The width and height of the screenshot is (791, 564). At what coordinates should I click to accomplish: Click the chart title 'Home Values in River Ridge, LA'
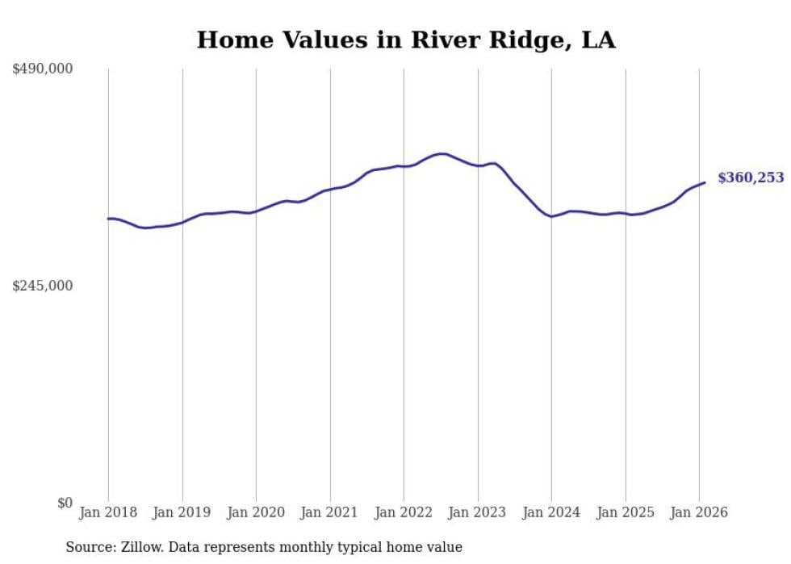[x=406, y=40]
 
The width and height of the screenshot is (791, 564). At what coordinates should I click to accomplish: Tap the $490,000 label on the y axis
[x=43, y=69]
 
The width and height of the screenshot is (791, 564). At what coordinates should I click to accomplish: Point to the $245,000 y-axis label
[x=43, y=286]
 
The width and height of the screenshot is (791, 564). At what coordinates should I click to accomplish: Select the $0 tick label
[x=65, y=503]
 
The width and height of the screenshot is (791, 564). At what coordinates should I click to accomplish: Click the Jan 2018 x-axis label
[x=108, y=512]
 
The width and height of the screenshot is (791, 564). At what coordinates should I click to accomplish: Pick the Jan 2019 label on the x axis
[x=182, y=512]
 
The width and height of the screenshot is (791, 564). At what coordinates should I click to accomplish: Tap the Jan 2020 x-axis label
[x=256, y=512]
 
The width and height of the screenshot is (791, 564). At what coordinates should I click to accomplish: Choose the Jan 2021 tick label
[x=330, y=512]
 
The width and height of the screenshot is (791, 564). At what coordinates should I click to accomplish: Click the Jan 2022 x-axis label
[x=404, y=512]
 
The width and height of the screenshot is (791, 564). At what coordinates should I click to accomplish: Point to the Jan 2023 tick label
[x=478, y=512]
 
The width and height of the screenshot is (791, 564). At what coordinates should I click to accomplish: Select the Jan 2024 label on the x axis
[x=551, y=512]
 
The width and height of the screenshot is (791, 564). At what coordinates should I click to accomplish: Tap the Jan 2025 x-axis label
[x=626, y=512]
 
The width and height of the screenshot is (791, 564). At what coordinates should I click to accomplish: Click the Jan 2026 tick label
[x=699, y=512]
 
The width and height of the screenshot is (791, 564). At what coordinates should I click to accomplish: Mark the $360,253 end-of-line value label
[x=751, y=178]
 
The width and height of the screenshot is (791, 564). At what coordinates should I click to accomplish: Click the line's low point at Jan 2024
[x=551, y=216]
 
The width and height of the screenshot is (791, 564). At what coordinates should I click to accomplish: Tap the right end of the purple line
[x=705, y=182]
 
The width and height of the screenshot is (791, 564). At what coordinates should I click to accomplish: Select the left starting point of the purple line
[x=108, y=219]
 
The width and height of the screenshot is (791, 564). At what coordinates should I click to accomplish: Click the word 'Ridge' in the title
[x=509, y=40]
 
